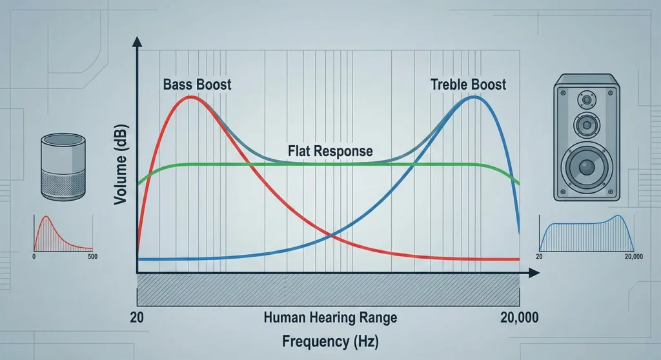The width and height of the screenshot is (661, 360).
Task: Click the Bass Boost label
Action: coord(198,85)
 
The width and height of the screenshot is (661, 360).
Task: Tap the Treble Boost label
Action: coord(469,85)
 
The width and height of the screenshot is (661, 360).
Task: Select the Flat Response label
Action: coord(330,152)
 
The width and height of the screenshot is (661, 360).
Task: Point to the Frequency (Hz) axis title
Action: coord(330,341)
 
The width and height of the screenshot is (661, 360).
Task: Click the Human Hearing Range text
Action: coord(330,318)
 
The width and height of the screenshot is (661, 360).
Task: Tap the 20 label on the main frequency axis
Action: coord(136,318)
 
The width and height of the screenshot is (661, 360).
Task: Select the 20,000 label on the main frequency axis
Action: coord(520,318)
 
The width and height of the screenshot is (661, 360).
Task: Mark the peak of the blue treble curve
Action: coord(474,97)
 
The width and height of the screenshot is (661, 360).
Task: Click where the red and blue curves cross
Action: coord(330,235)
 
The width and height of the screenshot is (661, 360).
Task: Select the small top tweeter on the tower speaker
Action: coord(587,100)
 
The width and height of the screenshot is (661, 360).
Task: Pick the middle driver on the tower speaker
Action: coord(587,124)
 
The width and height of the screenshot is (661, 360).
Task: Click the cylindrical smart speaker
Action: coord(63,166)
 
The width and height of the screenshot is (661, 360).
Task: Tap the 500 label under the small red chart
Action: coord(91,257)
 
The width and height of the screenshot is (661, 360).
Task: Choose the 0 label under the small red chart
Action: coord(33,257)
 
